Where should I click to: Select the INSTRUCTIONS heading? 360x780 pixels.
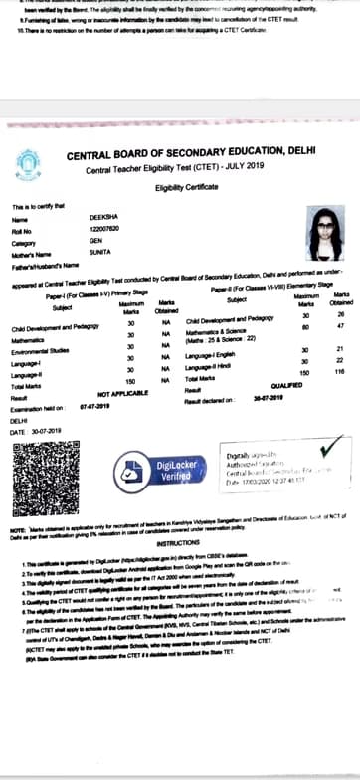click(x=180, y=543)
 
